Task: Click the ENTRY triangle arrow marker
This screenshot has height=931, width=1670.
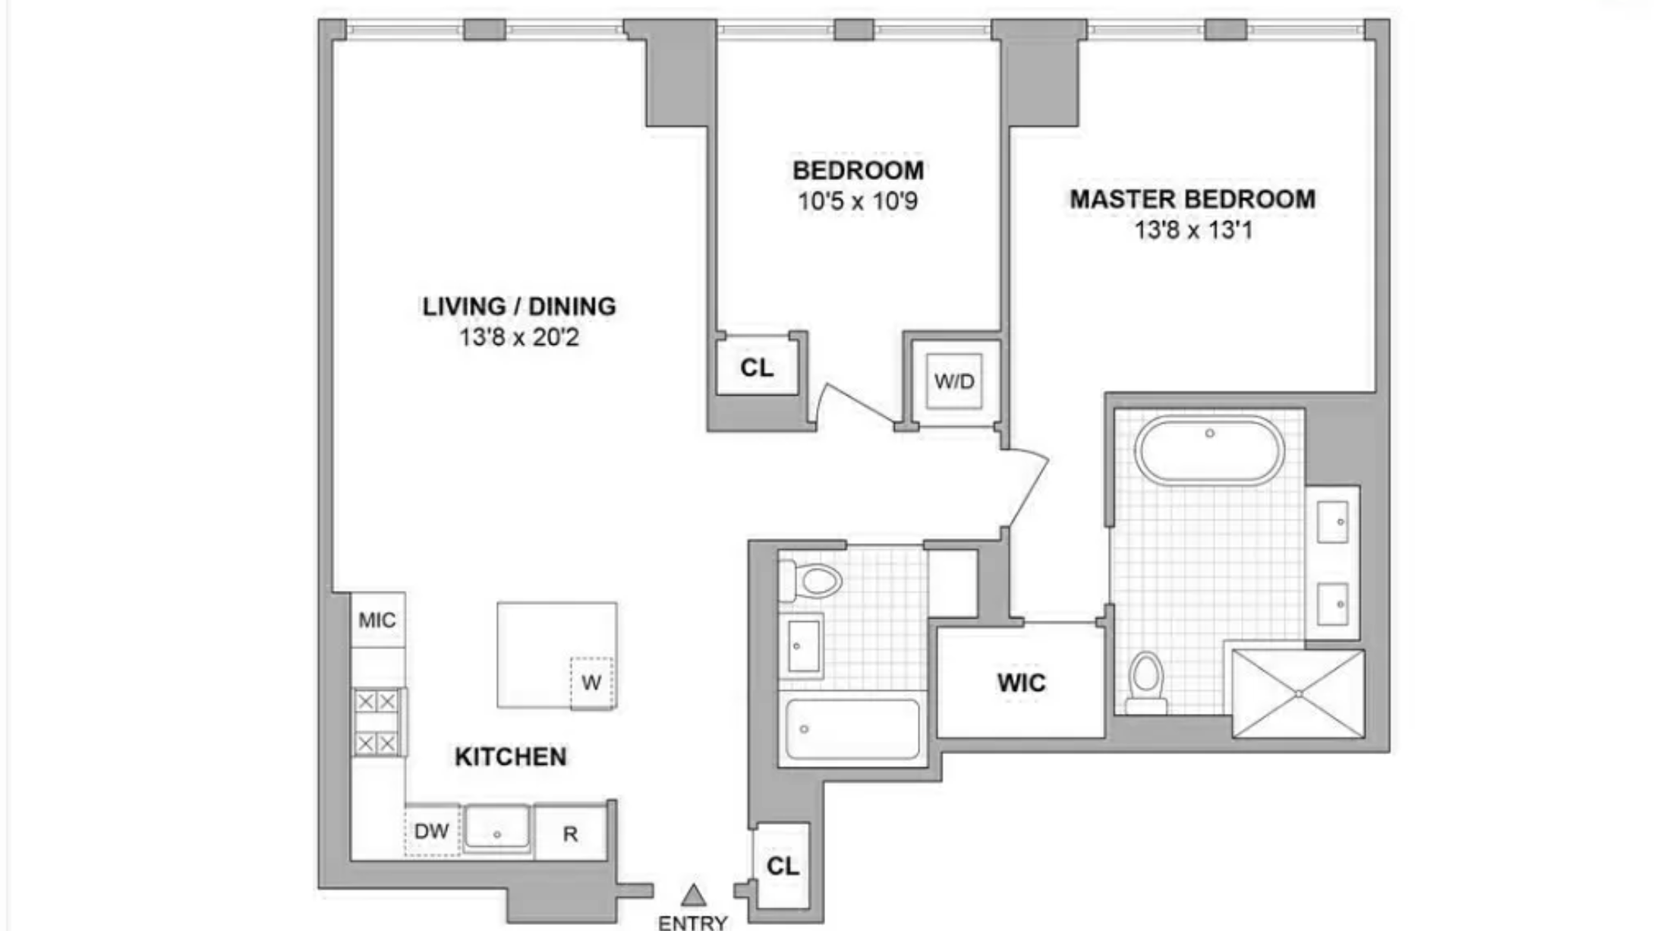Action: coord(693,895)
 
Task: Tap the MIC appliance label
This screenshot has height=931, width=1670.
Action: coord(377,620)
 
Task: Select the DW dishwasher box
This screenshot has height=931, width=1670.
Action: coord(432,830)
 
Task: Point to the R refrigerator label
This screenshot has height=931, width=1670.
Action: coord(570,834)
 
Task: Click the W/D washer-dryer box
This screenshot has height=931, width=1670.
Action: coord(954,380)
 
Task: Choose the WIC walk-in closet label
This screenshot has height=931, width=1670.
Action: coord(1021,683)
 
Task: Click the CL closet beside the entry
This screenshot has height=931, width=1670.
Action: coord(782,866)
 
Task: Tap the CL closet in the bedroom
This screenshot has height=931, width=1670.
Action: coord(757,368)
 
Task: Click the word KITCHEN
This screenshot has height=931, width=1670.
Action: coord(510,756)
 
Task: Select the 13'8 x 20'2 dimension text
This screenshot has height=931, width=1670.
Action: coord(518,336)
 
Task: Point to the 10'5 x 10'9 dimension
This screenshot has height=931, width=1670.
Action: coord(858,201)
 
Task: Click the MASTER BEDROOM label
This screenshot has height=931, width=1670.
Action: coord(1193,199)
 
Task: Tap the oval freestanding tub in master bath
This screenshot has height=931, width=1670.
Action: coord(1209,450)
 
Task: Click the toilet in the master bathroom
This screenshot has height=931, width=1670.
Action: coord(1146,683)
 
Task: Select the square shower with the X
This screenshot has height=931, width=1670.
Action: coord(1298,693)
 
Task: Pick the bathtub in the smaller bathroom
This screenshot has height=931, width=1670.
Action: coord(852,729)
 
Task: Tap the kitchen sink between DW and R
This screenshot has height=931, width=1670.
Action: coord(497,827)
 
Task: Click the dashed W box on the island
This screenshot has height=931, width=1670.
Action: coord(591,683)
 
